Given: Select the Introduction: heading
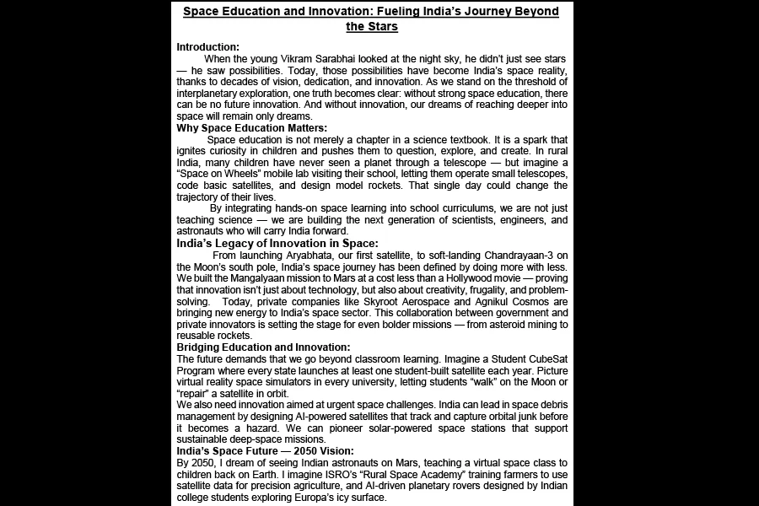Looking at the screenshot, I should point(207,46).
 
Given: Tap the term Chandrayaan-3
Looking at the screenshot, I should point(514,255).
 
